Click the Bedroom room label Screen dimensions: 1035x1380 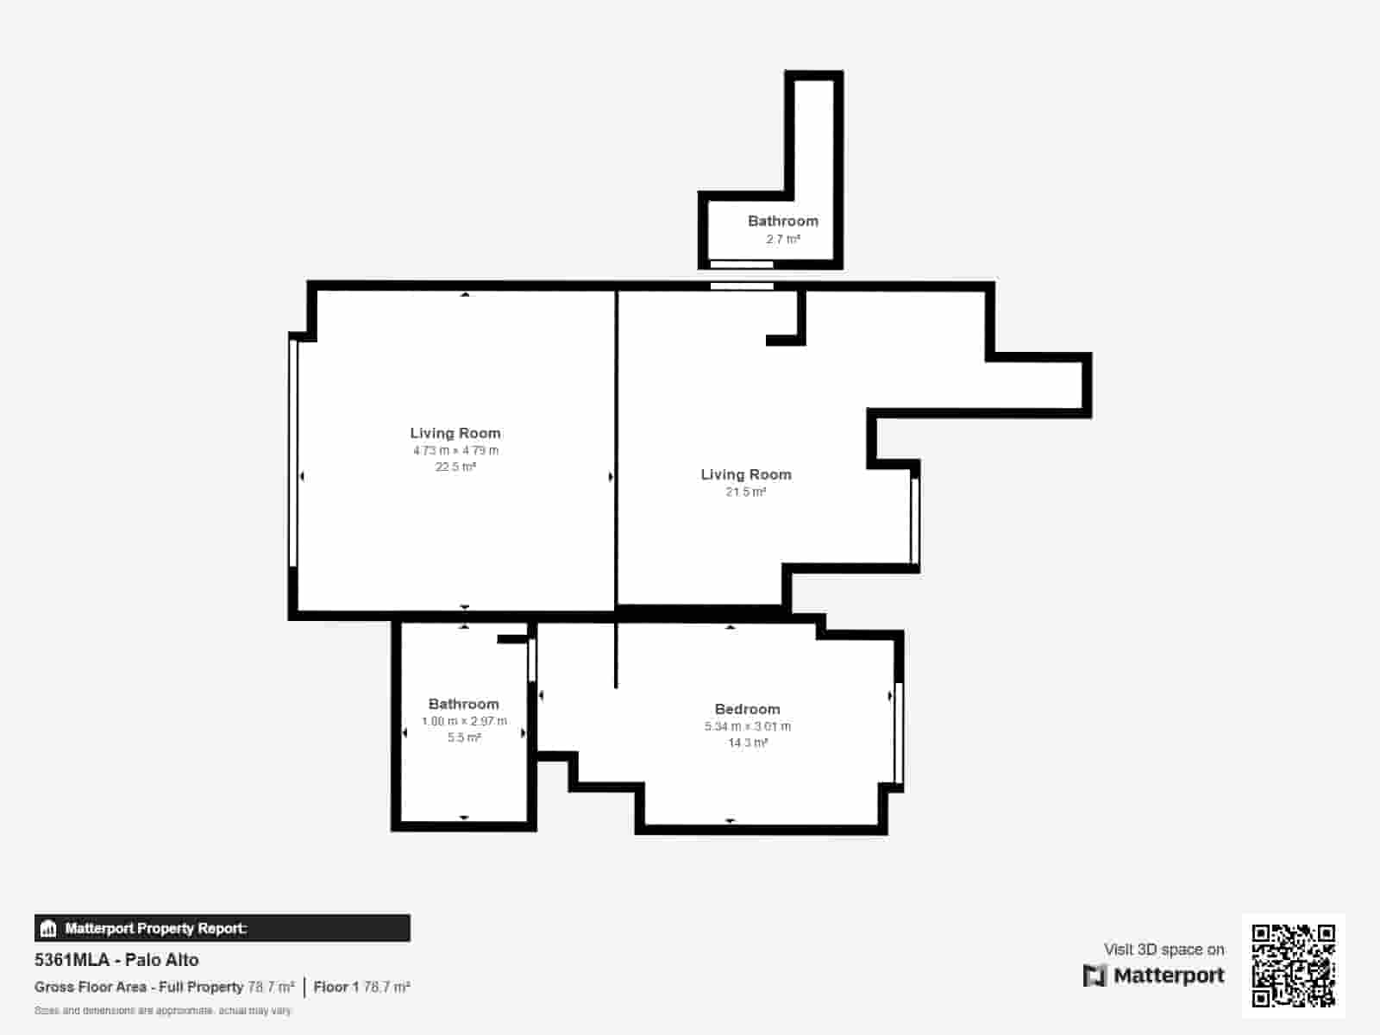(747, 709)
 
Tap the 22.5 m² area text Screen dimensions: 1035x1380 (455, 467)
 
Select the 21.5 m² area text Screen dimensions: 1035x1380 (746, 492)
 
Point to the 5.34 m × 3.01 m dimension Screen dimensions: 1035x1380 (747, 726)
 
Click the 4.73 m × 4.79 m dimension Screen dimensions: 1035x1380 (455, 450)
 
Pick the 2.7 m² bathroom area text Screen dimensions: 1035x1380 (783, 239)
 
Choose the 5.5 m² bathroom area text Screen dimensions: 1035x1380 (464, 737)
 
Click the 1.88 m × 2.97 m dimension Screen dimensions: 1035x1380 (464, 721)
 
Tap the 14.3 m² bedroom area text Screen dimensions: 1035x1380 (747, 743)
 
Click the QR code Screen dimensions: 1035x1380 (1293, 965)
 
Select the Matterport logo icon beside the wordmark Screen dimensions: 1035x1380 (1095, 975)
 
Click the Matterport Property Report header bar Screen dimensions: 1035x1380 (222, 928)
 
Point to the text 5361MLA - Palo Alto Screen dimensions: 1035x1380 (116, 960)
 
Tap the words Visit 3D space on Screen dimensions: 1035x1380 (1164, 950)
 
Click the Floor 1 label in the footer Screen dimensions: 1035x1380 (336, 987)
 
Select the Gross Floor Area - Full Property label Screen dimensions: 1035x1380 (139, 987)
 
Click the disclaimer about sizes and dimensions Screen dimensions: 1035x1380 (163, 1010)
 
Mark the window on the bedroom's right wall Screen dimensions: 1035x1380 (899, 732)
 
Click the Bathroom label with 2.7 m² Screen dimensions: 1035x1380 (783, 221)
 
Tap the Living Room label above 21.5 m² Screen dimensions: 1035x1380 (746, 474)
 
